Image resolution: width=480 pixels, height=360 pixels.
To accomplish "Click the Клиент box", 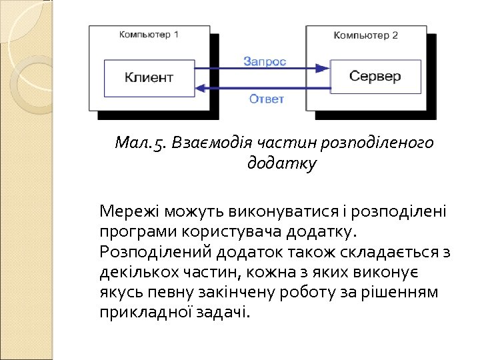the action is pos(148,77).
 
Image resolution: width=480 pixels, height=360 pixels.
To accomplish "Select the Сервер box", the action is pos(375,76).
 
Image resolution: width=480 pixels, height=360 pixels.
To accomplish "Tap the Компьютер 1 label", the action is pos(149,34).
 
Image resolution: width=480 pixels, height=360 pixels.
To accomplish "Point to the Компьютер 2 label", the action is pos(365,35).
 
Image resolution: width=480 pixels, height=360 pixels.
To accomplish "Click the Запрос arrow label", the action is pos(265,61).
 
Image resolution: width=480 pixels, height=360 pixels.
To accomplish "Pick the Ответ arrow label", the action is pos(267,99).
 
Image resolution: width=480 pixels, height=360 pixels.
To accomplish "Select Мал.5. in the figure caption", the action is pos(141,143).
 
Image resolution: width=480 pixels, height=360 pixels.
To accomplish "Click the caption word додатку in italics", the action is pos(281,163).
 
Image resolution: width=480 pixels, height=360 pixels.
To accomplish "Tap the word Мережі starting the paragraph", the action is pos(128,213).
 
